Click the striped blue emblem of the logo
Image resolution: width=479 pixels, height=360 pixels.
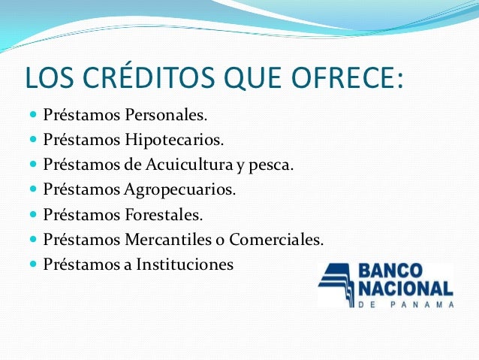point(338,283)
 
